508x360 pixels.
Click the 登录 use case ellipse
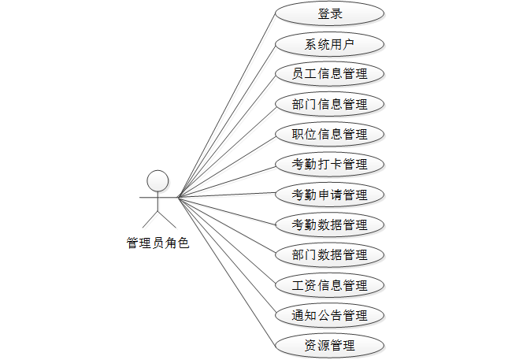(x=329, y=13)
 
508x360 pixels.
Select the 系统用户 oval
(x=329, y=43)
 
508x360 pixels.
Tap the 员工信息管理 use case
(x=329, y=74)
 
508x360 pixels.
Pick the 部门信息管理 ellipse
(x=329, y=104)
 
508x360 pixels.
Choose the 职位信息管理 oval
(x=329, y=134)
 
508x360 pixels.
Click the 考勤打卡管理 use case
(x=329, y=165)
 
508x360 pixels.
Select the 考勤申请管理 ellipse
(x=329, y=195)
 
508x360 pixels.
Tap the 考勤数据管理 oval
(x=329, y=225)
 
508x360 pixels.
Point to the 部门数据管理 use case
(x=329, y=255)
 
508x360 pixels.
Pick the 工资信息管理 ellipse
(x=329, y=285)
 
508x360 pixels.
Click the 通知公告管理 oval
(x=329, y=315)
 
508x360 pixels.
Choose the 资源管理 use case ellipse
(x=329, y=345)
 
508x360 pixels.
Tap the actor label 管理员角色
(x=158, y=243)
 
